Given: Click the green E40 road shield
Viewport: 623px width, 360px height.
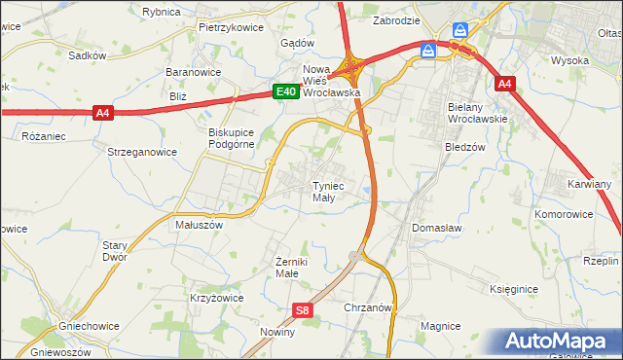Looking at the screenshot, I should pyautogui.click(x=284, y=91).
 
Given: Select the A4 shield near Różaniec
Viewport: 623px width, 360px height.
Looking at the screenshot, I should pyautogui.click(x=104, y=113).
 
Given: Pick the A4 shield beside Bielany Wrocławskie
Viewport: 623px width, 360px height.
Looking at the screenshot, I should pyautogui.click(x=503, y=85).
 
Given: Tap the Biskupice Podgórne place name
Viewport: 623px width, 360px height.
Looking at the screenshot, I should pyautogui.click(x=231, y=138).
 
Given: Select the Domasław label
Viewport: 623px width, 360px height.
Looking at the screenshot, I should pyautogui.click(x=436, y=227).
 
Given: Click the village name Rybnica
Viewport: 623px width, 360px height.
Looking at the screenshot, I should pyautogui.click(x=161, y=12).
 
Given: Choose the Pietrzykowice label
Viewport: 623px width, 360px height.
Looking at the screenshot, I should pyautogui.click(x=232, y=27).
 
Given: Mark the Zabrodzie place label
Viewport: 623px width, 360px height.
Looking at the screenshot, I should pyautogui.click(x=396, y=19).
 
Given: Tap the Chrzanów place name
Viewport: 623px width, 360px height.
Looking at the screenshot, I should pyautogui.click(x=368, y=306).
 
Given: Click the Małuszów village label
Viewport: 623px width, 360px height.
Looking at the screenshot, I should pyautogui.click(x=199, y=224).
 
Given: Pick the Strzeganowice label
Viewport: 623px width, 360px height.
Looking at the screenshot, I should pyautogui.click(x=142, y=152).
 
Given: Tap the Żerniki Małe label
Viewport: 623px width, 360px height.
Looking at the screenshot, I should pyautogui.click(x=293, y=268).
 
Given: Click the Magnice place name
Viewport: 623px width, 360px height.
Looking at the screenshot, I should pyautogui.click(x=439, y=325).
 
